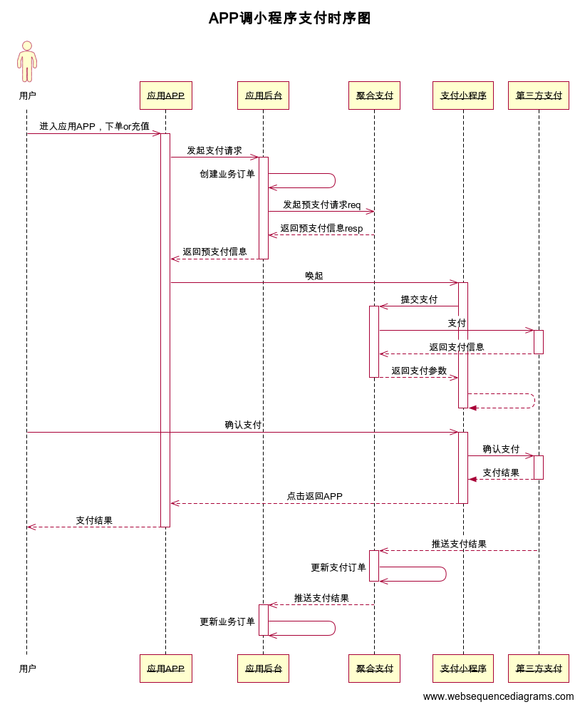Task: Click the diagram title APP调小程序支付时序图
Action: (x=289, y=19)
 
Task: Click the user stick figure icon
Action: (x=27, y=62)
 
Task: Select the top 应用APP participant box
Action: (x=166, y=96)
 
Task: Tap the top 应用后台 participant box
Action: (x=263, y=96)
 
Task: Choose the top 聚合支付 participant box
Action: (x=374, y=96)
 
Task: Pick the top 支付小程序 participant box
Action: (x=463, y=96)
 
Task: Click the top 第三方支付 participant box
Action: (x=539, y=96)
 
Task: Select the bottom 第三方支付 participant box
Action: (x=539, y=669)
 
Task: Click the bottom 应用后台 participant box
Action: (x=263, y=669)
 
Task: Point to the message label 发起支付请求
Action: (x=214, y=150)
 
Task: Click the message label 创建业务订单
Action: (x=227, y=174)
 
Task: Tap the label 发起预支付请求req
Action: (x=321, y=205)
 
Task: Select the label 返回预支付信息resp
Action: (x=321, y=228)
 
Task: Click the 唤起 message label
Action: (x=314, y=276)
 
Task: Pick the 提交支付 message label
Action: (x=419, y=299)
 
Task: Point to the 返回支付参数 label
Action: (x=419, y=371)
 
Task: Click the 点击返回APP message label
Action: (x=314, y=496)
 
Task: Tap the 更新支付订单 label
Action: (x=338, y=567)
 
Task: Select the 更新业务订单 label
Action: (x=227, y=621)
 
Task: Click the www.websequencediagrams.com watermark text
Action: (x=498, y=696)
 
